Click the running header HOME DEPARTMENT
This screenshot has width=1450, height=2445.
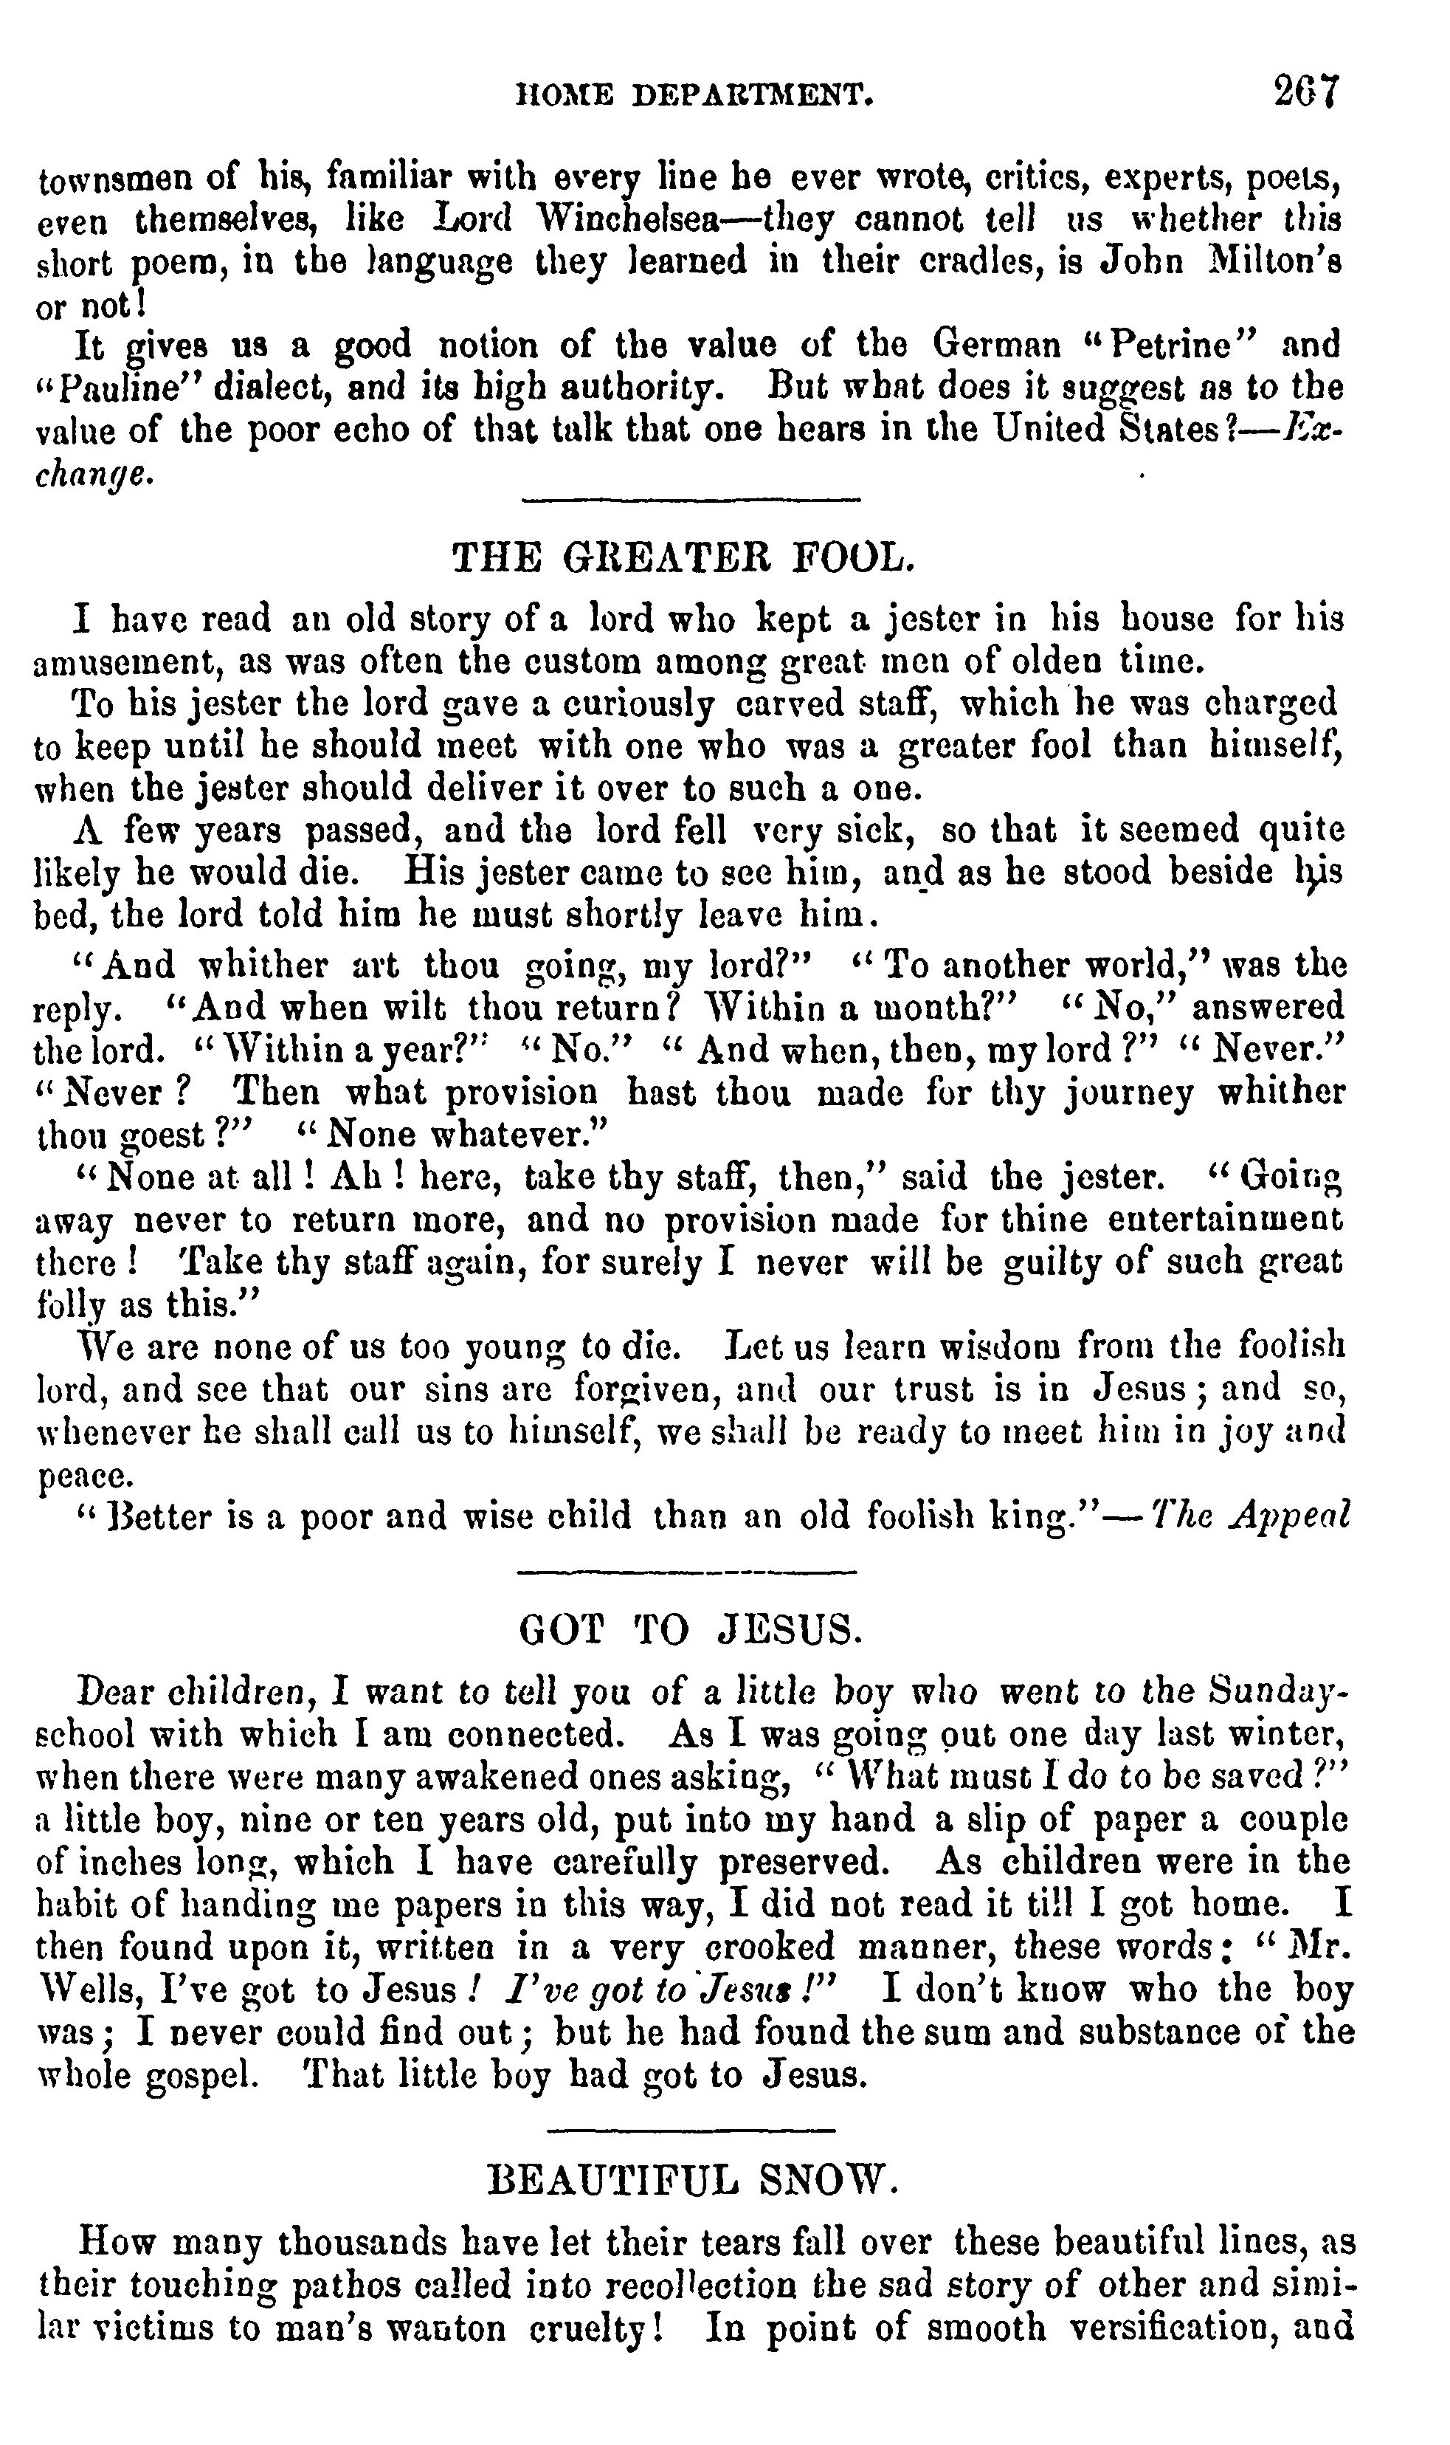click(694, 94)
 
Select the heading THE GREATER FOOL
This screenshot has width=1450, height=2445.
click(685, 558)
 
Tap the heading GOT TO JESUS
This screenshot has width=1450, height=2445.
click(691, 1629)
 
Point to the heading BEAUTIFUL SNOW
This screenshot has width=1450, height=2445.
click(691, 2179)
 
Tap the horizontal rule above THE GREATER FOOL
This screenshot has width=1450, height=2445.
click(691, 501)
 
